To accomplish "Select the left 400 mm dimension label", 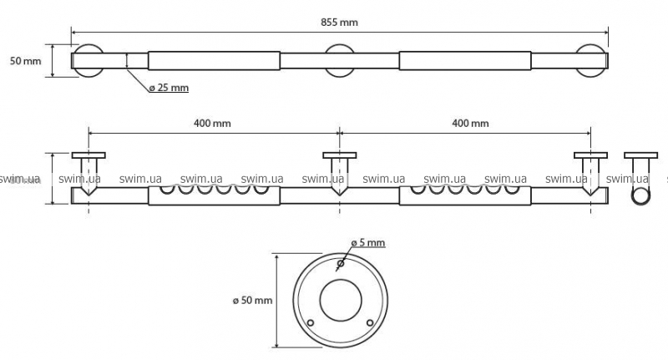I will pyautogui.click(x=212, y=123).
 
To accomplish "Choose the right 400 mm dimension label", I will pyautogui.click(x=470, y=123).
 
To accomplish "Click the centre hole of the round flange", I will pyautogui.click(x=339, y=299).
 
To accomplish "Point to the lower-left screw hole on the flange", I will pyautogui.click(x=310, y=322).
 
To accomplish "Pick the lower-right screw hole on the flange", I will pyautogui.click(x=368, y=322).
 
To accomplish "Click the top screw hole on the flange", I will pyautogui.click(x=339, y=265).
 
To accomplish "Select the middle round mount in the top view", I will pyautogui.click(x=341, y=61).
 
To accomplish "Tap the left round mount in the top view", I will pyautogui.click(x=88, y=61).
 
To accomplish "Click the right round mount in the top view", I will pyautogui.click(x=592, y=61).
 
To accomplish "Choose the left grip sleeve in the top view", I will pyautogui.click(x=214, y=61).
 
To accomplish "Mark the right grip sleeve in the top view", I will pyautogui.click(x=465, y=61).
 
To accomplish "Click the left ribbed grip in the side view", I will pyautogui.click(x=214, y=195).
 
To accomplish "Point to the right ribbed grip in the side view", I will pyautogui.click(x=465, y=195).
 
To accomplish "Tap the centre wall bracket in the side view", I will pyautogui.click(x=339, y=171).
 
